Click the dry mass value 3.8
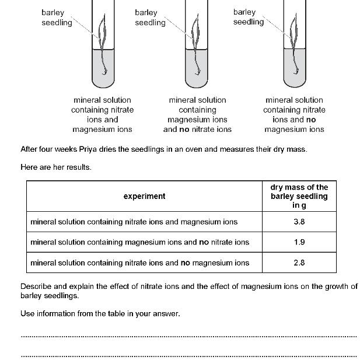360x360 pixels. [x=299, y=222]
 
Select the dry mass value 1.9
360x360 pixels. [x=299, y=242]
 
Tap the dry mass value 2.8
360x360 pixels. [x=299, y=263]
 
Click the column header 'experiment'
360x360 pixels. [x=144, y=197]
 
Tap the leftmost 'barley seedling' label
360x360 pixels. [x=57, y=18]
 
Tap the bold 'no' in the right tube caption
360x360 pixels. [x=310, y=120]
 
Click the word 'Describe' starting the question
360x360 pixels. [x=37, y=286]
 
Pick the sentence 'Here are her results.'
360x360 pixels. [x=56, y=167]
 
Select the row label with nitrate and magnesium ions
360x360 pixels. [x=134, y=222]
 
